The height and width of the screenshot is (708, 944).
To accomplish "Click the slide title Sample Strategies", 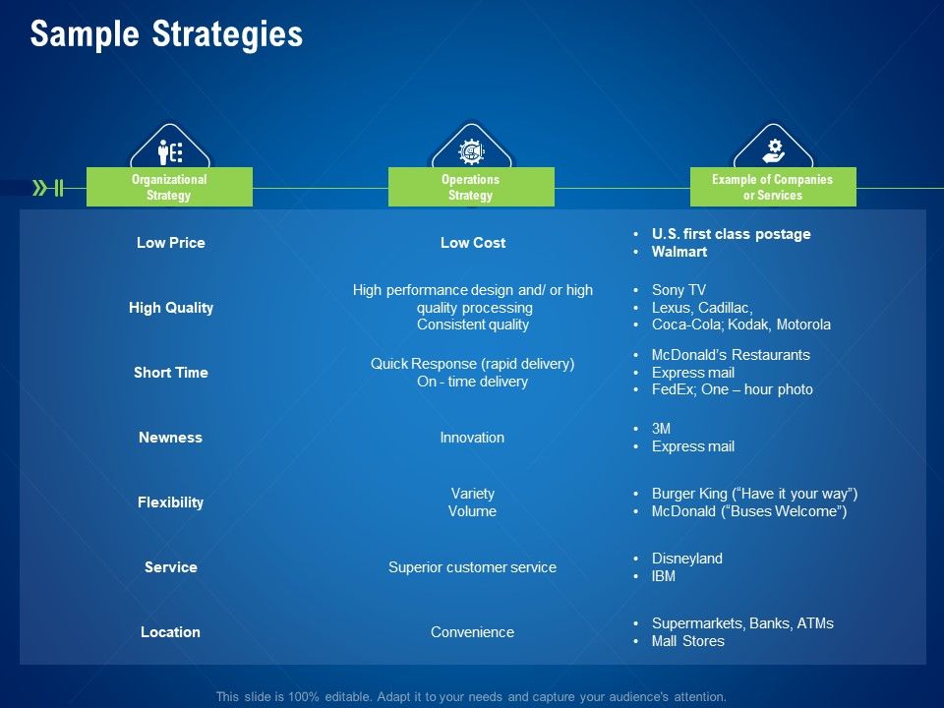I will [x=166, y=34].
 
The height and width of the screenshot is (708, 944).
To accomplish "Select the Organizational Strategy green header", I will [x=169, y=187].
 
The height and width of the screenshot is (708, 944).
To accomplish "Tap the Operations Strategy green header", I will [x=471, y=187].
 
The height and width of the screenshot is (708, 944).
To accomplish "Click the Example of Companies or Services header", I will [x=772, y=187].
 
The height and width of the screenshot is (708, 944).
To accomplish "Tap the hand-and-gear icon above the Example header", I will [x=773, y=150].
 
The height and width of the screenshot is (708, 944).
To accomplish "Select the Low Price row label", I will [x=171, y=243].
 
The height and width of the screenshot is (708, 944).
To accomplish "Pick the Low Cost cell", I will [x=473, y=243].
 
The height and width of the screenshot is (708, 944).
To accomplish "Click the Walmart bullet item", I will [x=678, y=252].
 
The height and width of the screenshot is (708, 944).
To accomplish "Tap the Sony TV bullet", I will [x=678, y=290].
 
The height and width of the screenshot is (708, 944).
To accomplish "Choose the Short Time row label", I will [x=171, y=373].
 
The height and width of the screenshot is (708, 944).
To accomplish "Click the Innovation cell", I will [x=472, y=438].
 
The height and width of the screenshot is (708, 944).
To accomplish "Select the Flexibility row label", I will [x=171, y=502].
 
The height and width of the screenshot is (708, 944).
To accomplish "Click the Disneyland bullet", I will [x=686, y=559].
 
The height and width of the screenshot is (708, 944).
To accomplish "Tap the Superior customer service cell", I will [x=472, y=567].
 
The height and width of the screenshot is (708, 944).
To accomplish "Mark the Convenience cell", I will [x=472, y=632].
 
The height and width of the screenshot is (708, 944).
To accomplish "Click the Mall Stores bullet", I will [x=687, y=641].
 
